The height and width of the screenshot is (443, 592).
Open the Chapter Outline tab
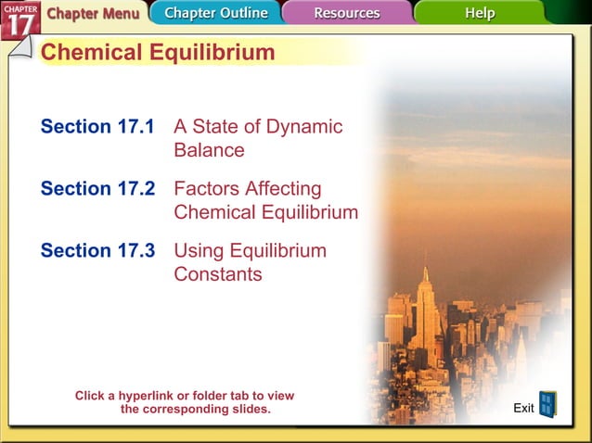215,14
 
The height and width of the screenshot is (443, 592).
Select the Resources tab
346,14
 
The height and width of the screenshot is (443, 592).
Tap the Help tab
480,14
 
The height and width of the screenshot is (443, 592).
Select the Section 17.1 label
97,127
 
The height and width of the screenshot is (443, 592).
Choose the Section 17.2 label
97,189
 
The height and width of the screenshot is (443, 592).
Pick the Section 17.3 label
97,251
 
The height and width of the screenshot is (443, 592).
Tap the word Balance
209,150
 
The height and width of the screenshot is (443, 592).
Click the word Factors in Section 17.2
207,189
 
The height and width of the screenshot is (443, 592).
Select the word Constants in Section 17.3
217,274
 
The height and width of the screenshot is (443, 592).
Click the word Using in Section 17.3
198,251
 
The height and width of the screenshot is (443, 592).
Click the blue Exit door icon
547,404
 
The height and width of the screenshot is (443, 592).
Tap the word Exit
523,409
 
